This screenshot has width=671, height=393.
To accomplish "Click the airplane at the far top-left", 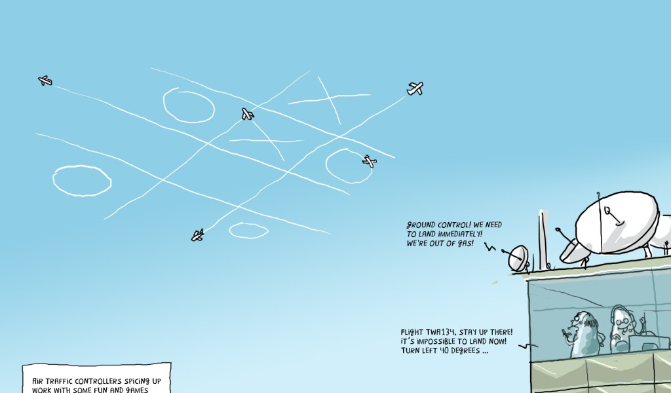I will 45,81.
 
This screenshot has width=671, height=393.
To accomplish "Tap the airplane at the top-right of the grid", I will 415,88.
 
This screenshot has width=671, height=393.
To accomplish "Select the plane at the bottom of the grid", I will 197,234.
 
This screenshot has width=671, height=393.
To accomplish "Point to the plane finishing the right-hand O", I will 370,161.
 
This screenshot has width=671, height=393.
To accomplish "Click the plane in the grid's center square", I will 247,115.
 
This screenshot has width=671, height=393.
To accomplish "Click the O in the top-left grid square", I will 189,105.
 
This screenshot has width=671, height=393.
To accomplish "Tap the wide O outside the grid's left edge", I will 82,180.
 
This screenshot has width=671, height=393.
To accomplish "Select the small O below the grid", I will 248,230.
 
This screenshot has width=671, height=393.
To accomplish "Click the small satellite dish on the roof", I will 518,257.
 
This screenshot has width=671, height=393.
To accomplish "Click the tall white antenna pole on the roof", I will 543,239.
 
